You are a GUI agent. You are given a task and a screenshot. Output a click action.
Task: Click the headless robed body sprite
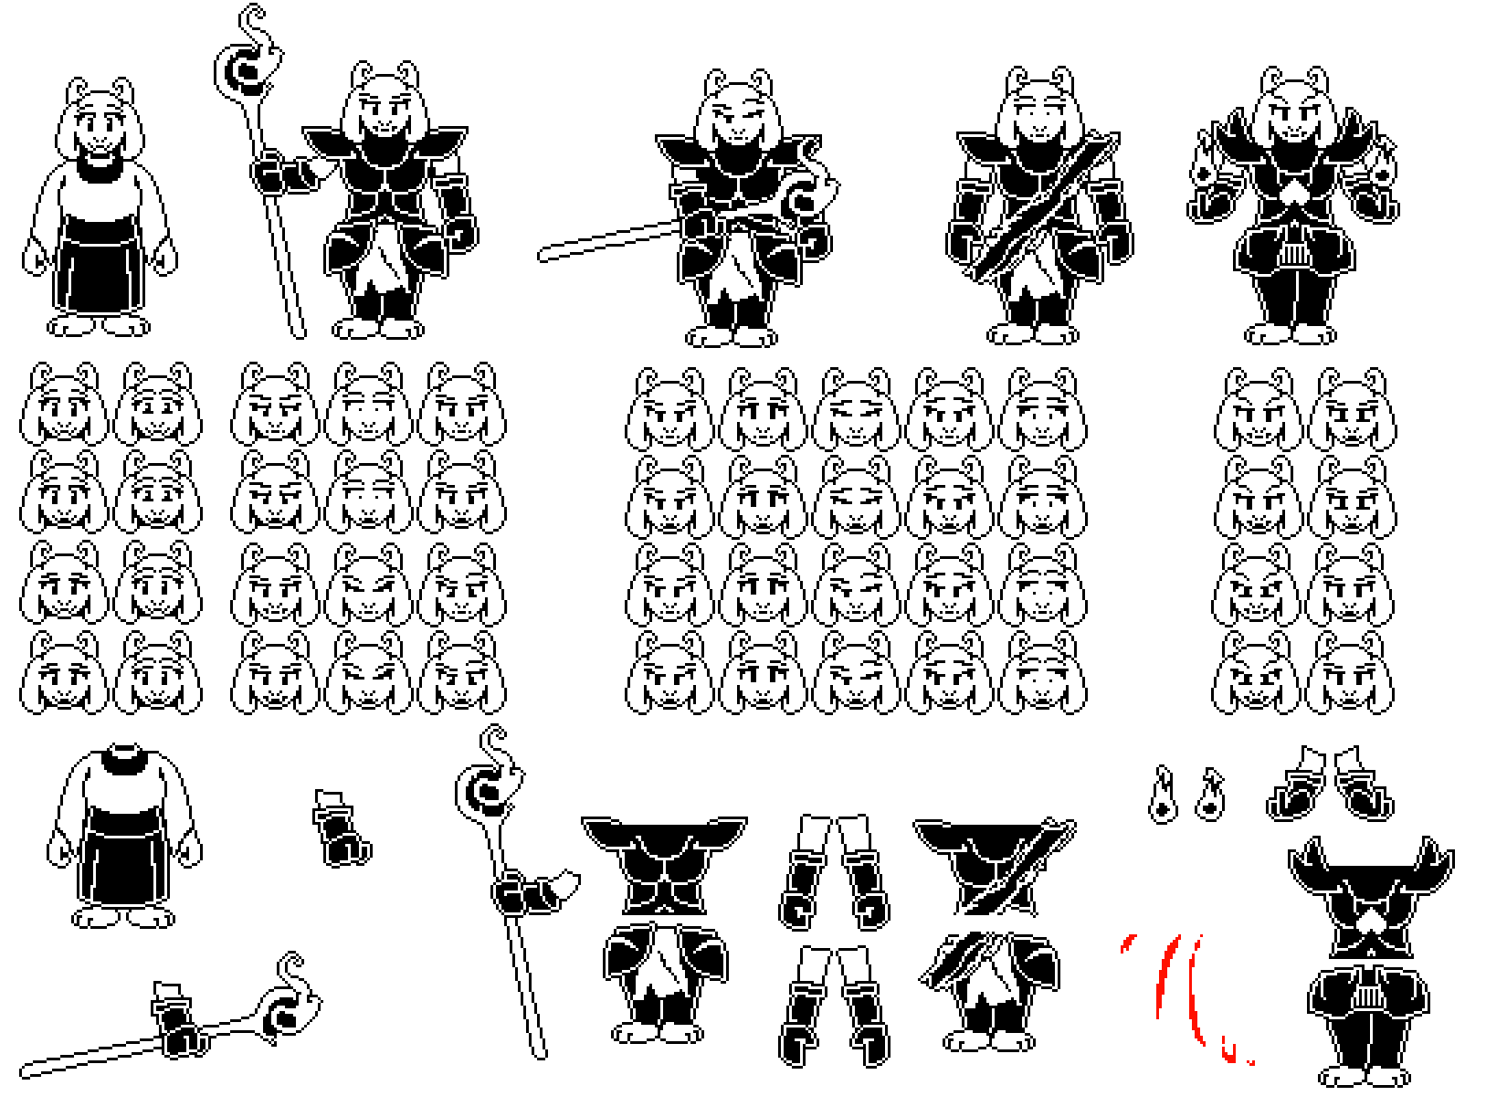(125, 836)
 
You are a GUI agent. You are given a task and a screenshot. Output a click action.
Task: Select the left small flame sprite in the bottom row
(1163, 796)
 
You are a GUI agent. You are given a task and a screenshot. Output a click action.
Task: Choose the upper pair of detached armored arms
(833, 872)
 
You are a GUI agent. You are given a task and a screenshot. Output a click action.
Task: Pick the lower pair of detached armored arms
(833, 1005)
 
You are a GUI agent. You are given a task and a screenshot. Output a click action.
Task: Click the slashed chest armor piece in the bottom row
(996, 868)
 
